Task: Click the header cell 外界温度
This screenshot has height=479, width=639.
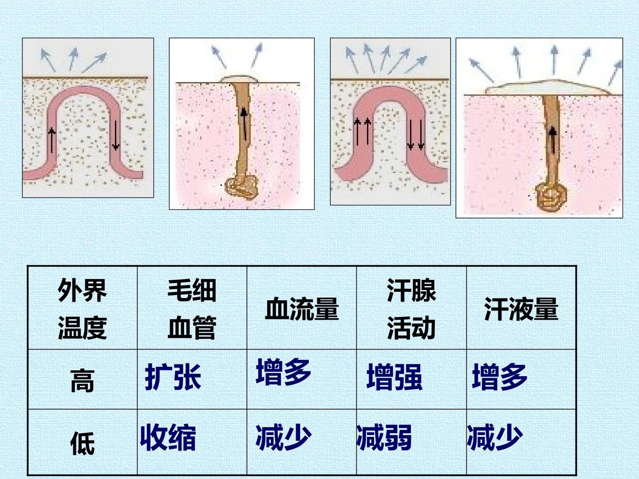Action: [x=83, y=309]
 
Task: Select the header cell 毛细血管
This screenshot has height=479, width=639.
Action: [x=192, y=309]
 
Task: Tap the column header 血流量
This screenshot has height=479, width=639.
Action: [x=302, y=309]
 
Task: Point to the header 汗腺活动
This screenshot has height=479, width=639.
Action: [x=411, y=309]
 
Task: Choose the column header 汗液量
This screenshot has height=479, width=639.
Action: [x=521, y=309]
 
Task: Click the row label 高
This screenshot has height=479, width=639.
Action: [x=83, y=381]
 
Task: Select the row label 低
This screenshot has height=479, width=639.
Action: [x=83, y=443]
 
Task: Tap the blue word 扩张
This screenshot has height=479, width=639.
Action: [x=173, y=377]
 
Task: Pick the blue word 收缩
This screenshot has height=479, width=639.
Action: [x=168, y=437]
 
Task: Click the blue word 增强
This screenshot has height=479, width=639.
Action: [x=394, y=377]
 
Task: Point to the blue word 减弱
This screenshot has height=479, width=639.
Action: [x=384, y=437]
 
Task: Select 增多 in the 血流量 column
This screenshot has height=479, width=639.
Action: [x=284, y=372]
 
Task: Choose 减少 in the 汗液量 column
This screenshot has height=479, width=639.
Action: [x=495, y=437]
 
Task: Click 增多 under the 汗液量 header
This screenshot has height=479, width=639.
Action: [x=500, y=377]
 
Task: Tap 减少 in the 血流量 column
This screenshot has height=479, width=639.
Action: [x=284, y=437]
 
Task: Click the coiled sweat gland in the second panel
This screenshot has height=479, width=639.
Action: [x=242, y=187]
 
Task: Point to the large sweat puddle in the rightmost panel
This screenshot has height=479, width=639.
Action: [x=548, y=88]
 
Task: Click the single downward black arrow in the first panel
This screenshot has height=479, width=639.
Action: [x=115, y=135]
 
